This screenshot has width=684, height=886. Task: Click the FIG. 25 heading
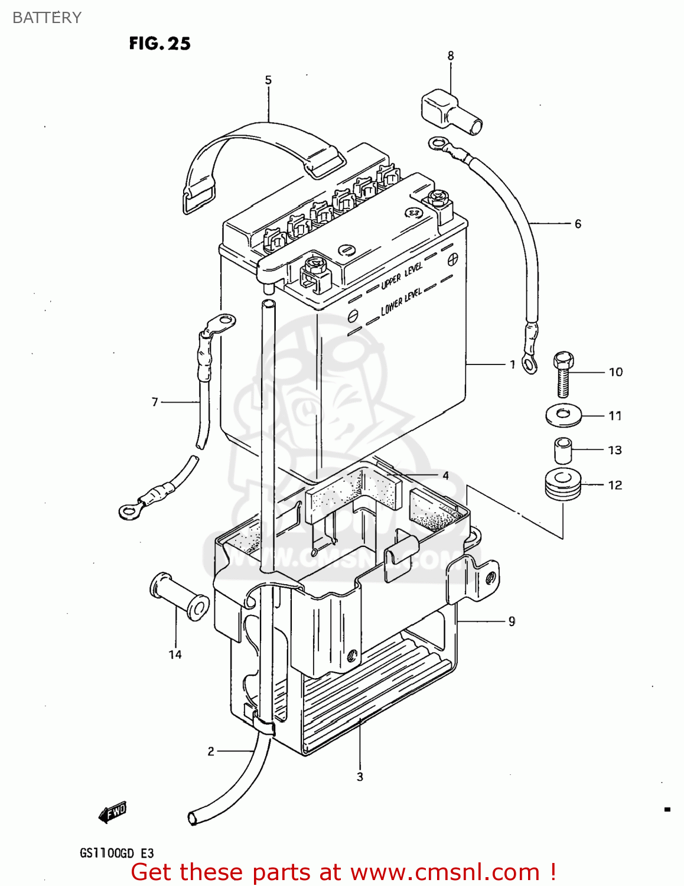pos(159,44)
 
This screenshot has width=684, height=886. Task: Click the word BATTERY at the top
pos(47,18)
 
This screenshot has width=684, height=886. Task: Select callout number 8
pos(451,56)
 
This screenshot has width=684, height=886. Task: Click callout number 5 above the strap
pos(268,80)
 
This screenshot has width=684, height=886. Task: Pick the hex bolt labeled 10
pos(564,373)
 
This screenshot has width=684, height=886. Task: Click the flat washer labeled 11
pos(564,415)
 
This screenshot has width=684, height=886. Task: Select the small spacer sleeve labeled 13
pos(563,450)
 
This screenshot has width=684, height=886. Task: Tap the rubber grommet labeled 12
pos(563,484)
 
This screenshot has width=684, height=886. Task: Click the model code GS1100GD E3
pos(116,853)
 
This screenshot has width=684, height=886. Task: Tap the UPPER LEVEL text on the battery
pos(402,276)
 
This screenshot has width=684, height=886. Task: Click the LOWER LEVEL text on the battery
pos(401,301)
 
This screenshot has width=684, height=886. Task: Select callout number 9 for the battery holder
pos(512,621)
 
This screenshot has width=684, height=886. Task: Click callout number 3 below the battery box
pos(360,777)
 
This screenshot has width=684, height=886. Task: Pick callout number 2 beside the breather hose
pos(211,751)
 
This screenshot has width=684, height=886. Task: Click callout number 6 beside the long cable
pos(578,224)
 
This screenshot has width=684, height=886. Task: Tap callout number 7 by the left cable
pos(155,402)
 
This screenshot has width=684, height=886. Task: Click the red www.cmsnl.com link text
pos(445,872)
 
